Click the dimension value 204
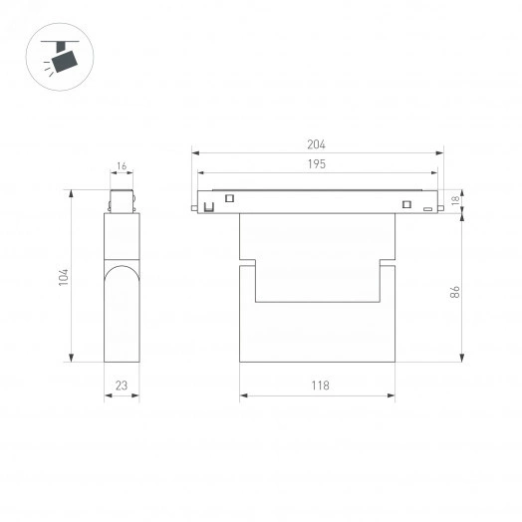coord(317,144)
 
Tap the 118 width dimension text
coord(317,386)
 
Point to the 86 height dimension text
coord(453,292)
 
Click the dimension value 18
coord(455,200)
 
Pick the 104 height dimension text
coord(63,277)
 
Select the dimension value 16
coord(121,167)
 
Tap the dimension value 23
coord(121,386)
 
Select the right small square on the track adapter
coord(406,205)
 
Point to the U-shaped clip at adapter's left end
coord(210,207)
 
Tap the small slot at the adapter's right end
coord(427,210)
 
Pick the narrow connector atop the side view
coord(121,199)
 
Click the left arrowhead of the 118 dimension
coord(243,396)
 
